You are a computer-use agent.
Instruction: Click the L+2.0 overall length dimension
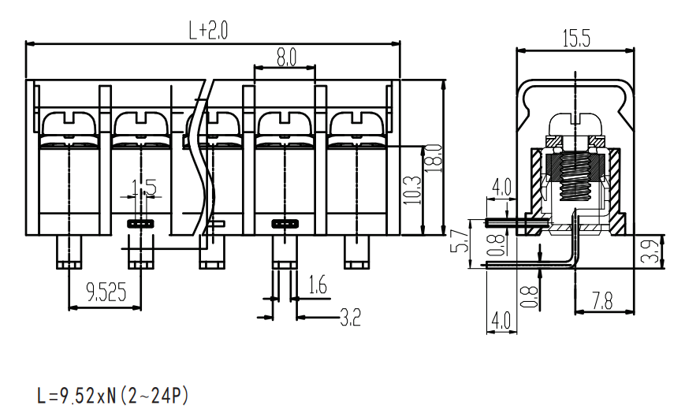click(x=208, y=30)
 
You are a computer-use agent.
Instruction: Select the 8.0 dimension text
click(x=286, y=57)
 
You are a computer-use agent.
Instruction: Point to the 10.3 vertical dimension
click(x=412, y=190)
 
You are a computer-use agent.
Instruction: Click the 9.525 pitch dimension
click(x=106, y=292)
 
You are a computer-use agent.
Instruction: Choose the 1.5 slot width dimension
click(x=144, y=188)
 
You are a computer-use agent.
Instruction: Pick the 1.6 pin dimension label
click(x=318, y=285)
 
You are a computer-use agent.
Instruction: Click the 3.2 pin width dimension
click(x=350, y=318)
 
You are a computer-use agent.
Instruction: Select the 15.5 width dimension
click(x=576, y=38)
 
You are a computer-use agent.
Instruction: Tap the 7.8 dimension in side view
click(x=603, y=301)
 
